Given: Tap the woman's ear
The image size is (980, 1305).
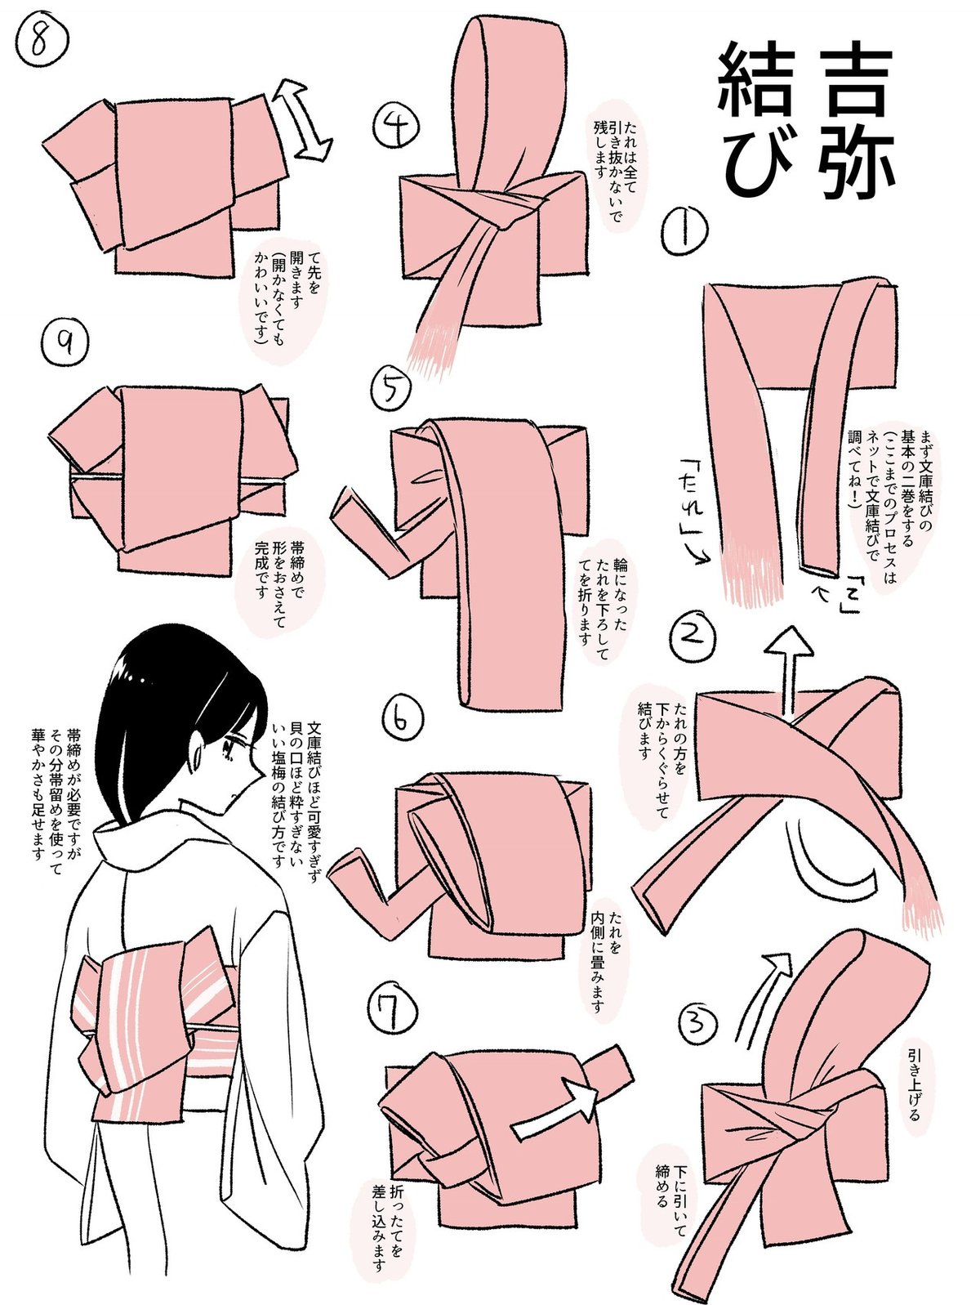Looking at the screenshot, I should pyautogui.click(x=198, y=753).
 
